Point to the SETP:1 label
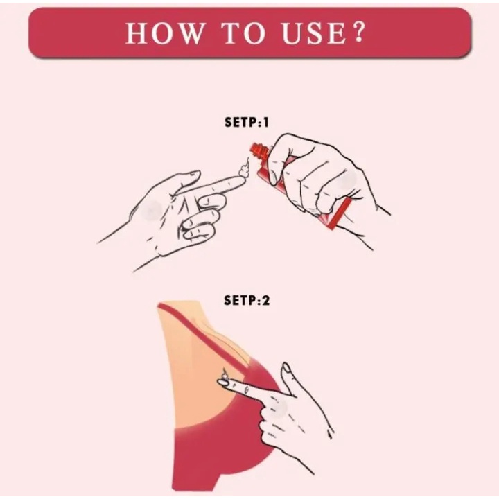247,122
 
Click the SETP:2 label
247,300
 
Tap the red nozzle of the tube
260,152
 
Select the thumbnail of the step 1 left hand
193,174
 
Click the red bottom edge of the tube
340,213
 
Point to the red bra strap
204,334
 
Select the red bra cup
222,446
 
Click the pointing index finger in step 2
245,389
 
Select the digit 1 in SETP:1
266,122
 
